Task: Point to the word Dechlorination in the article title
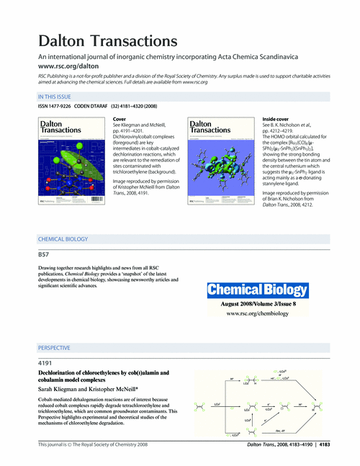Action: click(x=62, y=372)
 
